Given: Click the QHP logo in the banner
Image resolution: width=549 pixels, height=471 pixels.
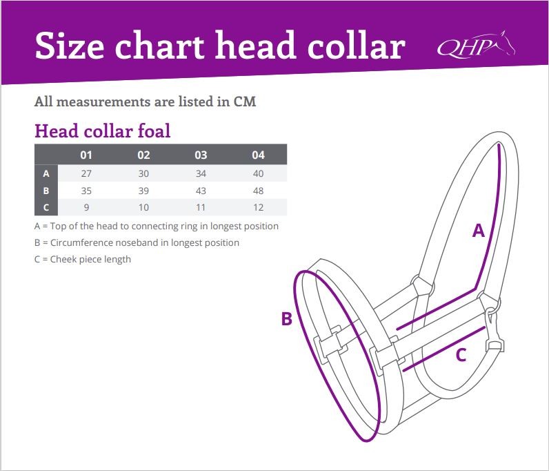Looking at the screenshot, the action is [476, 44].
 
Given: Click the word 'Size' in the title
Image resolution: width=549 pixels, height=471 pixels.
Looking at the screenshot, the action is [70, 46].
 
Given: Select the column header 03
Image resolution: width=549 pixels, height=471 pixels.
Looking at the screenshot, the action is [201, 155].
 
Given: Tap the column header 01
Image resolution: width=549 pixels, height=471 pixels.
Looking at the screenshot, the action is [86, 155].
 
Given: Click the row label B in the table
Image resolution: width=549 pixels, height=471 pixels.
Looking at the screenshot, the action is [46, 191].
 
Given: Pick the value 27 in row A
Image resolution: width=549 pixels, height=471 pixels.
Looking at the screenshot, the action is [86, 173].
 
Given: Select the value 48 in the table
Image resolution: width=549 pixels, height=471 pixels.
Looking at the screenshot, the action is [259, 191].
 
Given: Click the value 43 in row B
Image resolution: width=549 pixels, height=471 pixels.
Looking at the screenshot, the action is [201, 191].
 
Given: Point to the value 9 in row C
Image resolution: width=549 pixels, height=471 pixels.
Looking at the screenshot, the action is [86, 207].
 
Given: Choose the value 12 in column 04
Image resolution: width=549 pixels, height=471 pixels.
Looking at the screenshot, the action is [259, 207].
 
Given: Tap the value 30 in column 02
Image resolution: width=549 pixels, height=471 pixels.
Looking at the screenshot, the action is [143, 173].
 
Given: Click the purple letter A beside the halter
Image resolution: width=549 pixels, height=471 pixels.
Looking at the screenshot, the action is [478, 231].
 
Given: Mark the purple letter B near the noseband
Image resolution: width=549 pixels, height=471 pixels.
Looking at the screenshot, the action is [287, 319].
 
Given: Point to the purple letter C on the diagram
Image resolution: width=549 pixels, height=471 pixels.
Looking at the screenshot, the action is [461, 355].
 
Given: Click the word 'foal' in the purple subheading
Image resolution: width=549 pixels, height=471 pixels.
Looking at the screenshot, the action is [154, 131].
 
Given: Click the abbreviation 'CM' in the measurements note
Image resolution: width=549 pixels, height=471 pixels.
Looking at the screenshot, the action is [244, 102].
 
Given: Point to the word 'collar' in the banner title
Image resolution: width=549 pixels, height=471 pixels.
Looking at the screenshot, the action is [357, 46].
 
